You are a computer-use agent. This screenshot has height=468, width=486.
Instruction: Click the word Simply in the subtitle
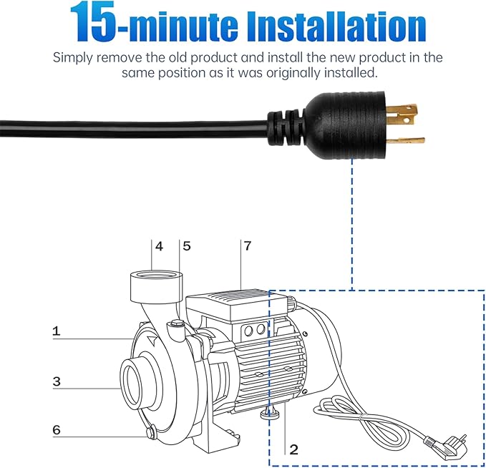(x=75, y=58)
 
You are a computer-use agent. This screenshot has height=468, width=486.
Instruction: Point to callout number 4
(x=160, y=246)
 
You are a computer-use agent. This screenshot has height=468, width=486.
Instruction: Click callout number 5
(x=187, y=246)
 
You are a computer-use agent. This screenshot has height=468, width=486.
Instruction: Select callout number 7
(x=248, y=246)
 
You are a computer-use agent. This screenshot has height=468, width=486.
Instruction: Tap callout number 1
(x=57, y=331)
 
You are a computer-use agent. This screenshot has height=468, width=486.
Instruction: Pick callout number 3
(x=57, y=381)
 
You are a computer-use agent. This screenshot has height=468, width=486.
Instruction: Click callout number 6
(x=57, y=429)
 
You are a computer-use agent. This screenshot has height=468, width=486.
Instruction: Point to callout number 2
(x=293, y=449)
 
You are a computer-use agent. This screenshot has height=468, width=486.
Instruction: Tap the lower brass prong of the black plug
(x=406, y=141)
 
